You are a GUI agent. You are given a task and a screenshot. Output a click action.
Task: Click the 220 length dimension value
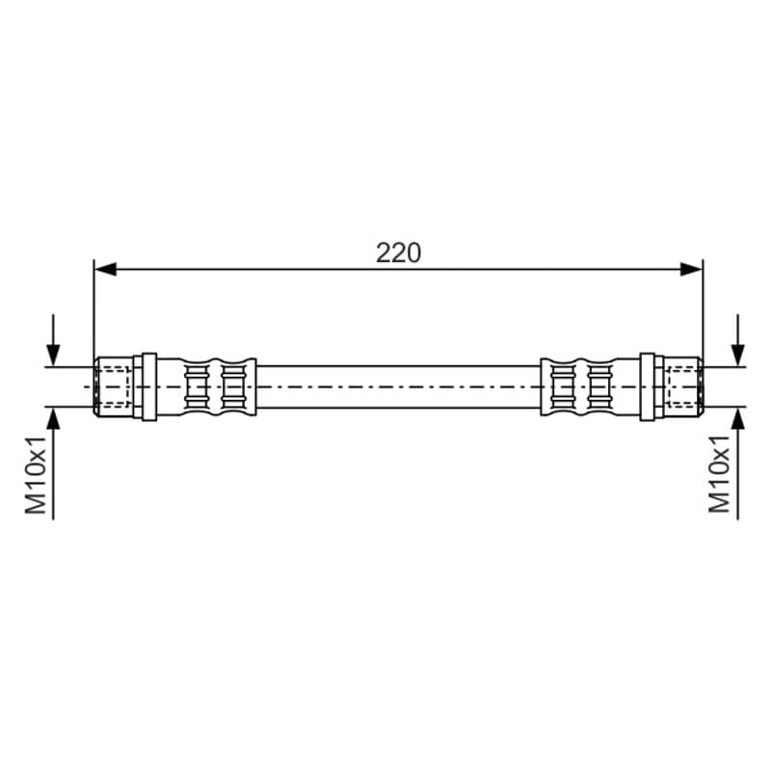tap(398, 253)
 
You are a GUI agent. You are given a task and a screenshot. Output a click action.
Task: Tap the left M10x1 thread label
tap(36, 474)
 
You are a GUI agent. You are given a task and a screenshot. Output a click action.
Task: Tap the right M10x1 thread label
tap(719, 474)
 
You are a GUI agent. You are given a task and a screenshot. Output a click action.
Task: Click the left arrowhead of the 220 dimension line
tap(105, 269)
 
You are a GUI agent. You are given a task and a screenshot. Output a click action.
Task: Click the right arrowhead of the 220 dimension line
tap(691, 269)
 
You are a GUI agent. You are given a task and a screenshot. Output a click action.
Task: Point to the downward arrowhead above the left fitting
tap(53, 356)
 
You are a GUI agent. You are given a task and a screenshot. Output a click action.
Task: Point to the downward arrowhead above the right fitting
tap(737, 356)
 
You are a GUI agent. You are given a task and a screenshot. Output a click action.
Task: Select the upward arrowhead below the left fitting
tap(53, 418)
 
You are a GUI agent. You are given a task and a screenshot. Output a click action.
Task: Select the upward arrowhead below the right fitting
tap(737, 418)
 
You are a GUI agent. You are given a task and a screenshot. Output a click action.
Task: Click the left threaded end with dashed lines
tap(113, 387)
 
